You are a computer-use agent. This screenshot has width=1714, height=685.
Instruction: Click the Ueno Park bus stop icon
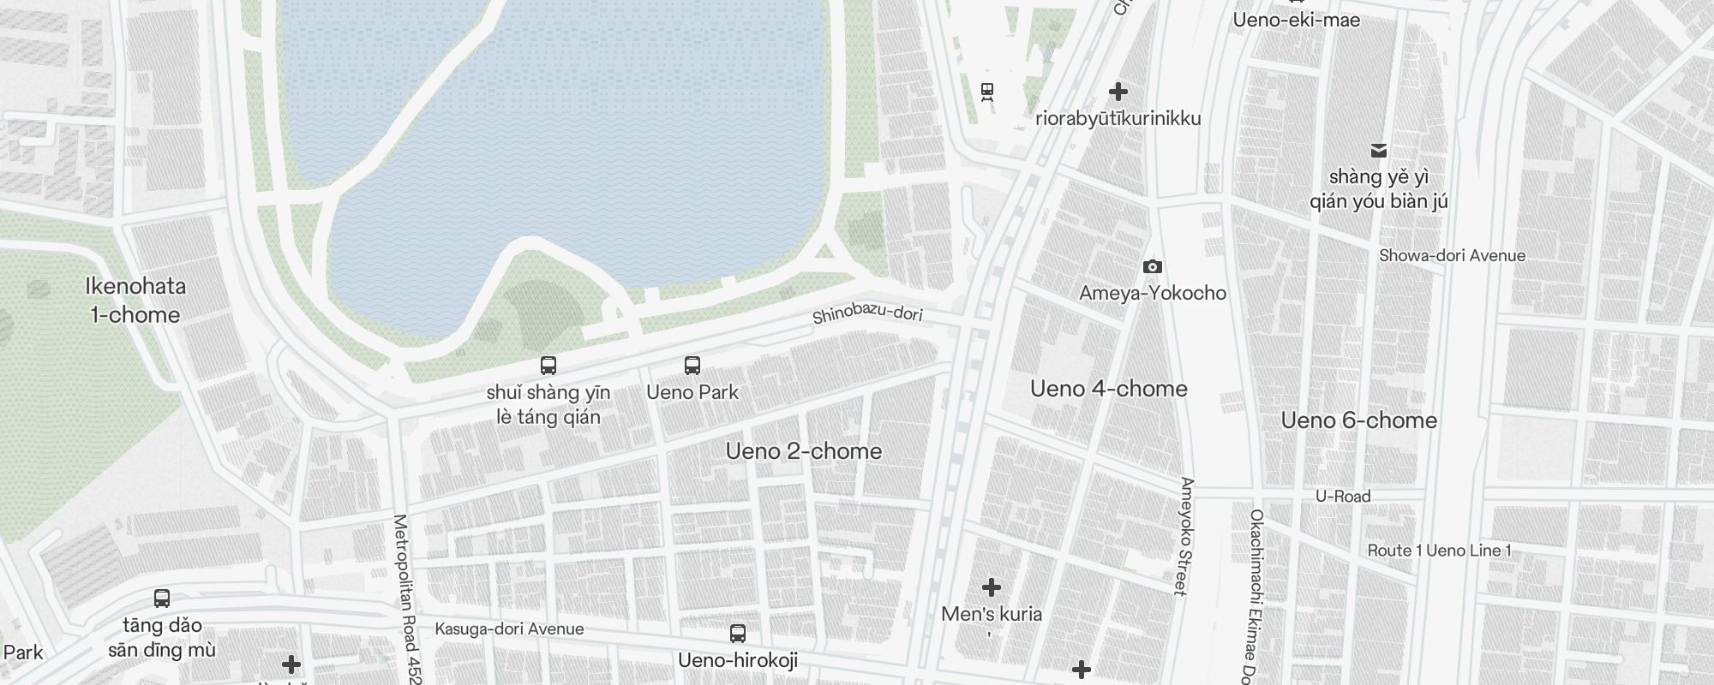[692, 366]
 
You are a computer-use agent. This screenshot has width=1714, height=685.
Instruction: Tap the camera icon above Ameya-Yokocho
[1153, 267]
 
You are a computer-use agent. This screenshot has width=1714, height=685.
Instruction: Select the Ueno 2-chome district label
[803, 451]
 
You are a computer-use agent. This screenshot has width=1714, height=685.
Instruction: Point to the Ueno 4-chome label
[1108, 389]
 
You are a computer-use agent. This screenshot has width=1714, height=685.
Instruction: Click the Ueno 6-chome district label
[1358, 420]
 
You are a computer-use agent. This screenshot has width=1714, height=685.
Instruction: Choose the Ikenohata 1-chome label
[135, 301]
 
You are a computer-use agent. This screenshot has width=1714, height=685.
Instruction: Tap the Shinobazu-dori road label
[867, 314]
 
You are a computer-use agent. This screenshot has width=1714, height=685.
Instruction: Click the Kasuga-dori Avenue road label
[509, 629]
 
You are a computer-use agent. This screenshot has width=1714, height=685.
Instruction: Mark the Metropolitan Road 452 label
[407, 599]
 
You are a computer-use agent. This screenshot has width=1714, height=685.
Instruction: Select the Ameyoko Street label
[1186, 536]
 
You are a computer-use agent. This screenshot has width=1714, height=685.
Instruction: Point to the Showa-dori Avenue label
[1452, 256]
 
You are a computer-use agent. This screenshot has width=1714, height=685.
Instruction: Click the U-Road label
[1343, 497]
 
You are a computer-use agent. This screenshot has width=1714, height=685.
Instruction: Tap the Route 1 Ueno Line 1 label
[1439, 551]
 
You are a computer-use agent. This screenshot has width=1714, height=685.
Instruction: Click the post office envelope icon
[1378, 151]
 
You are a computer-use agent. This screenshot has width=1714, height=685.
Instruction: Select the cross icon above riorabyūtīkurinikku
[1118, 92]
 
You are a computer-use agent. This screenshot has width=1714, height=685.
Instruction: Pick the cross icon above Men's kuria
[991, 587]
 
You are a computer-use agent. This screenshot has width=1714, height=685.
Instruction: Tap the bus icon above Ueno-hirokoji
[737, 634]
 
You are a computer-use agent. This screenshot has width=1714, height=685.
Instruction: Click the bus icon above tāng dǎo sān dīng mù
[161, 599]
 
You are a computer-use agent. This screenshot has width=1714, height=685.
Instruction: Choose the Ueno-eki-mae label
[1296, 20]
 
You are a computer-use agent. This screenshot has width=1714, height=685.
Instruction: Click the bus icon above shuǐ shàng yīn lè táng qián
[548, 366]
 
